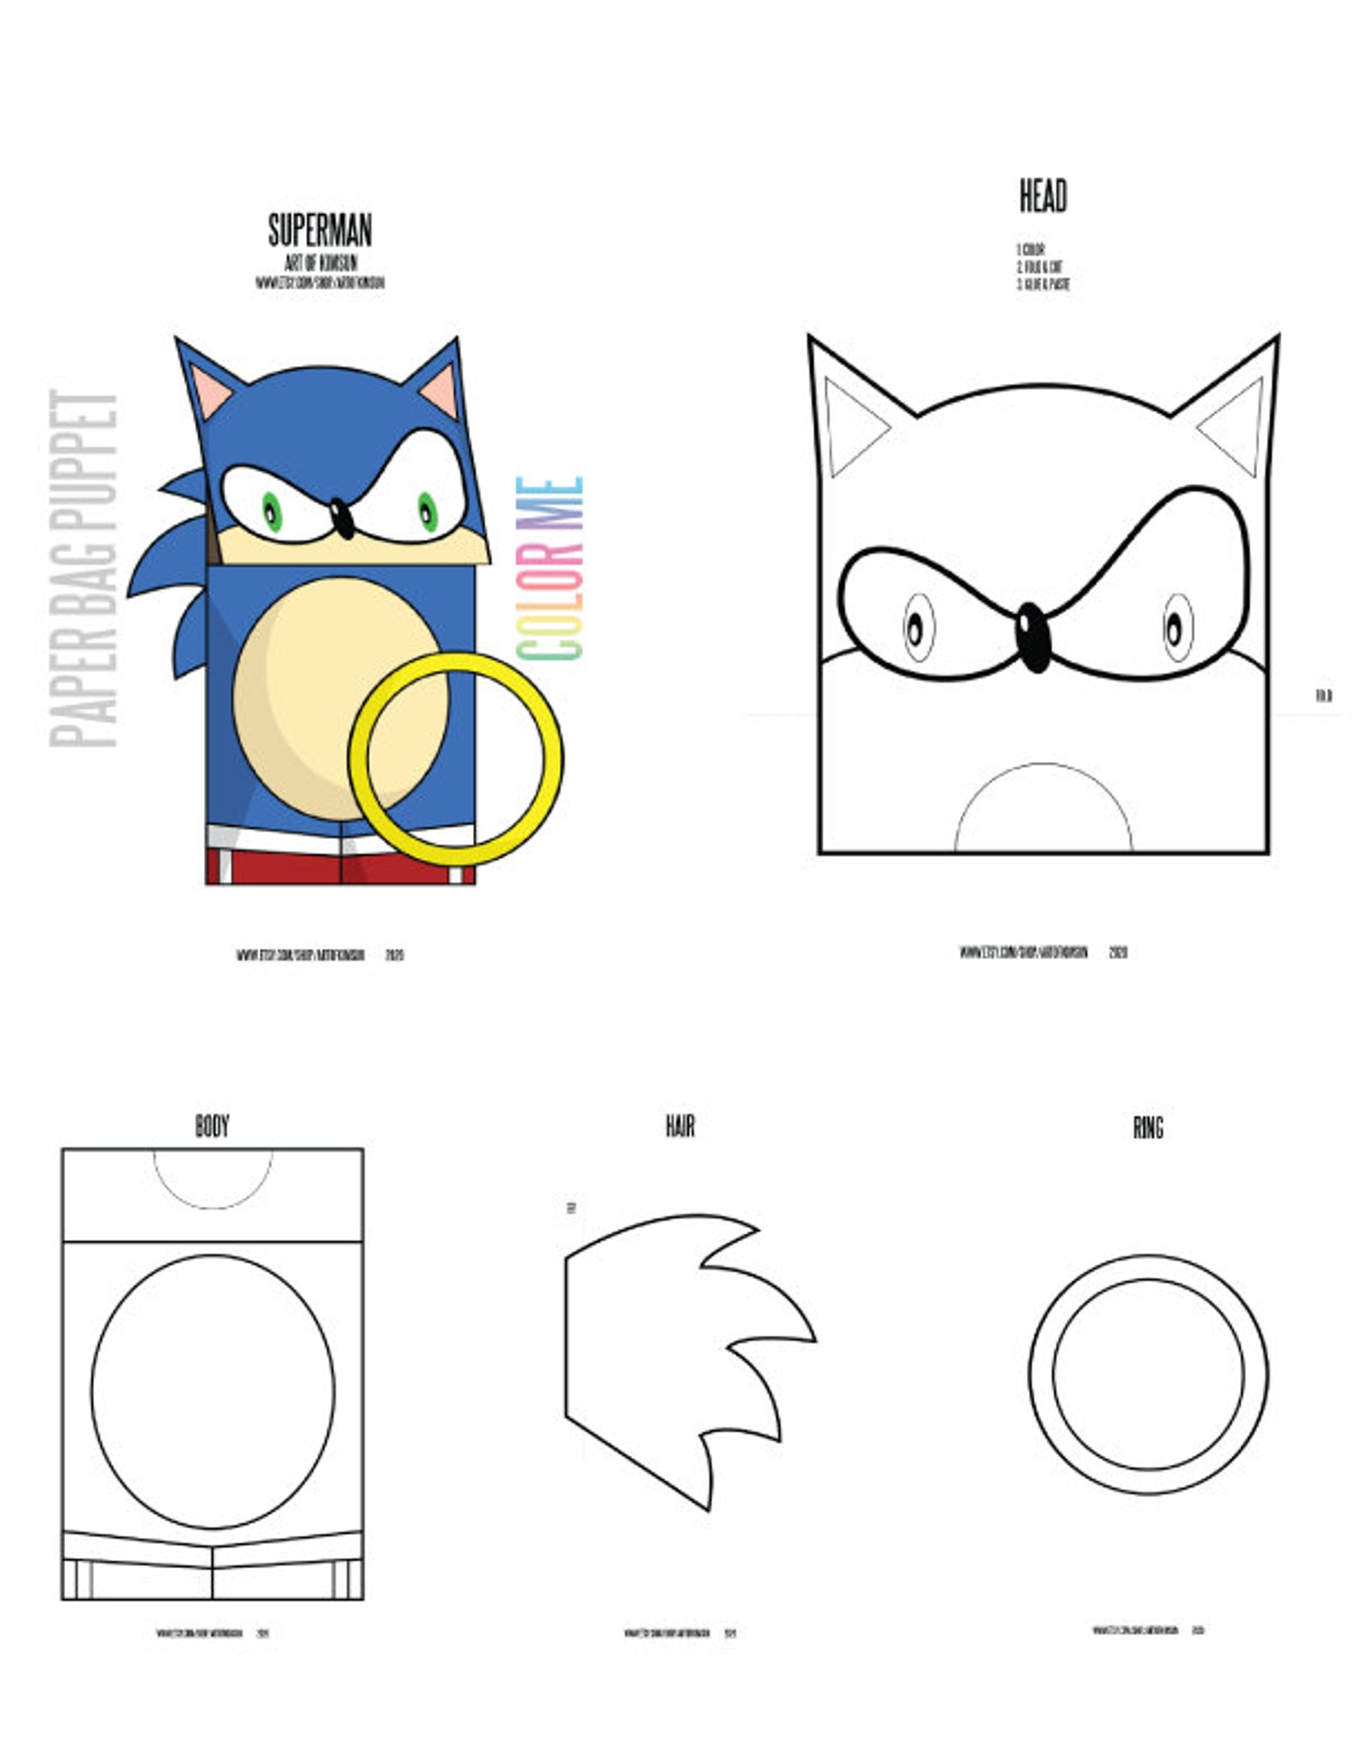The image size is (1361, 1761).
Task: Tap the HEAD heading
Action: [1042, 196]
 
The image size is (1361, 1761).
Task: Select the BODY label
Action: [212, 1125]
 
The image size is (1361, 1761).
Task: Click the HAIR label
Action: [680, 1125]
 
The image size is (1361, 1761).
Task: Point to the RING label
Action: [1148, 1127]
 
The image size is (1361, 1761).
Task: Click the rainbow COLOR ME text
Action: [550, 568]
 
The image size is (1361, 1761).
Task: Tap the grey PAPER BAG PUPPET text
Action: [84, 569]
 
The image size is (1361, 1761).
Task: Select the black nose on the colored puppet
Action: [341, 518]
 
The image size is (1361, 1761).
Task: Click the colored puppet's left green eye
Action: [272, 512]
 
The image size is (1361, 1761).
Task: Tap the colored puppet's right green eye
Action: [427, 512]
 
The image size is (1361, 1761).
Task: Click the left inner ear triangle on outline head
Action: [850, 426]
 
